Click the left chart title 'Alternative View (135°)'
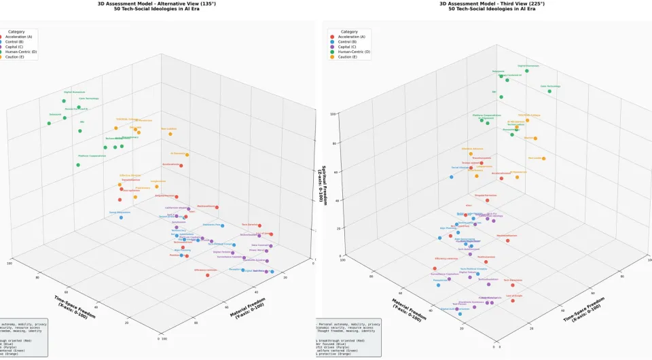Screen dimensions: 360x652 tap(158, 3)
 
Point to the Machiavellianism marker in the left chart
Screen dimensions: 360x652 tap(217, 207)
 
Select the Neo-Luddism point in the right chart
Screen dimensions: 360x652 tap(543, 158)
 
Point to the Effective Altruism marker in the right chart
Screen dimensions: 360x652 tap(471, 154)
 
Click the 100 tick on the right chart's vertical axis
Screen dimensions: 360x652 tap(333, 114)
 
